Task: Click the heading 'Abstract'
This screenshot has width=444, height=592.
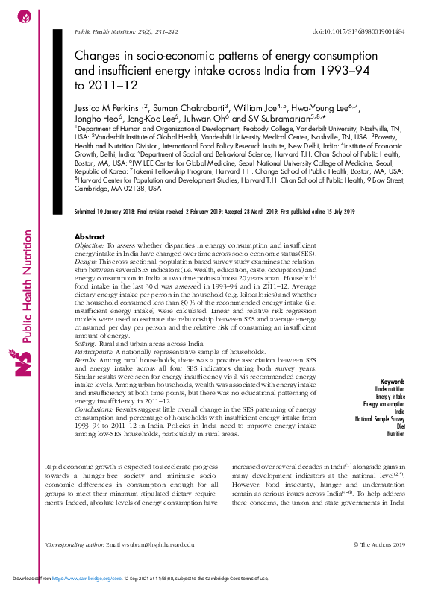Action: [91, 236]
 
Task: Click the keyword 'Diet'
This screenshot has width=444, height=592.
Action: [399, 427]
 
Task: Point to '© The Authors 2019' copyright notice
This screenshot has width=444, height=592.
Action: [378, 546]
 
